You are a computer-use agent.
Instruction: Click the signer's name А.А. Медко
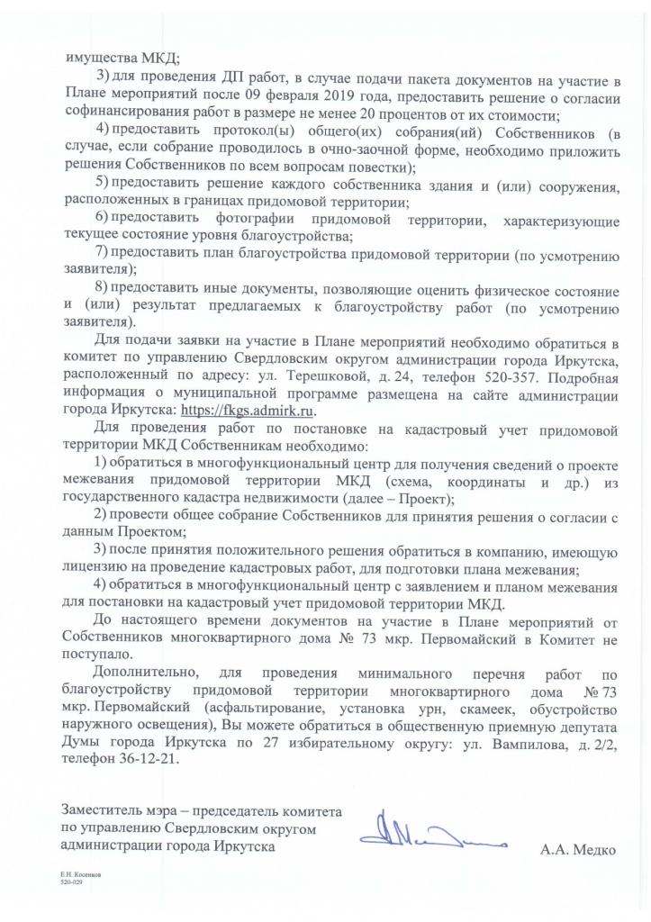coord(578,849)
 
